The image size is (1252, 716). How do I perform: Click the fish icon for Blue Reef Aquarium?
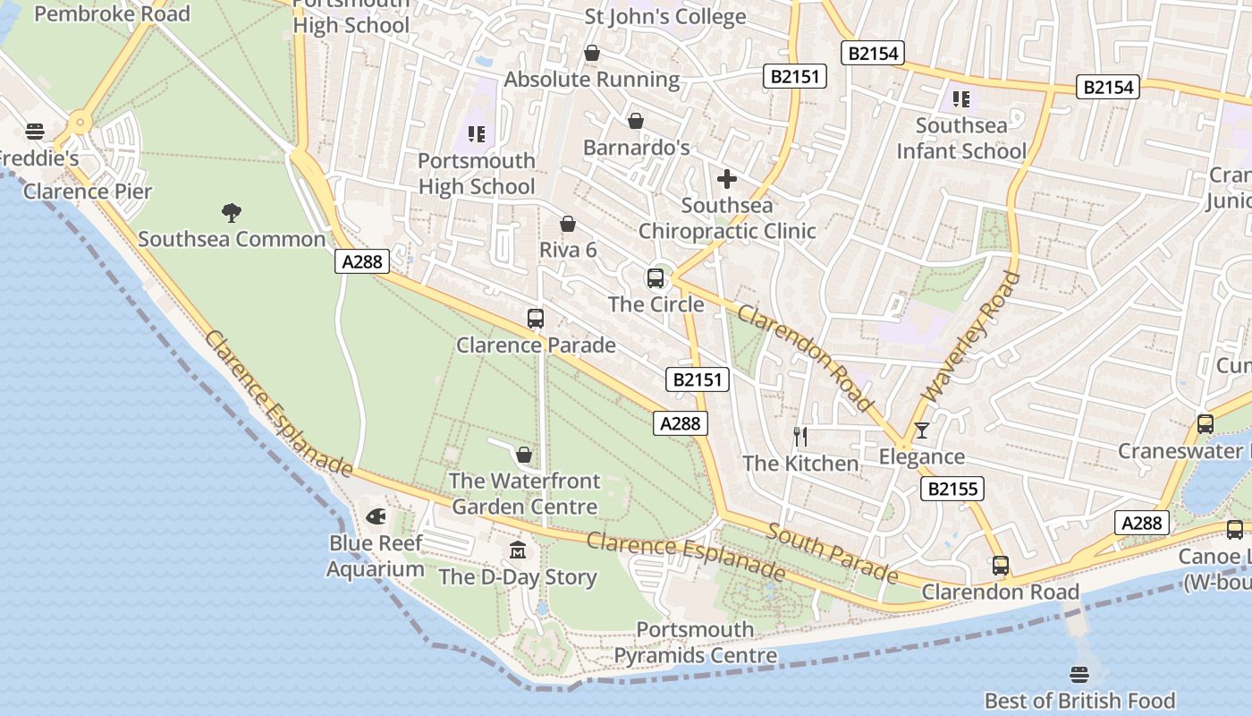click(376, 516)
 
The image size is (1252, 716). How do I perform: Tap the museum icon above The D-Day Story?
click(518, 549)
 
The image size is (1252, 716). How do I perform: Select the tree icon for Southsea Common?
click(232, 212)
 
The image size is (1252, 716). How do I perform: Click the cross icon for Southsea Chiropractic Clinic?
click(727, 179)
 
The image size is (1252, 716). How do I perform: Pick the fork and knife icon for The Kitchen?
click(800, 437)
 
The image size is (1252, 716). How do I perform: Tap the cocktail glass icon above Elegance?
click(922, 430)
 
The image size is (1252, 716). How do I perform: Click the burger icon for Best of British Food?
click(1079, 674)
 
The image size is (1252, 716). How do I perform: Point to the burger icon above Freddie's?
click(35, 132)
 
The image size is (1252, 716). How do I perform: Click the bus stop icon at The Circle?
click(656, 278)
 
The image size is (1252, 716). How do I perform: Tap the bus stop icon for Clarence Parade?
click(536, 319)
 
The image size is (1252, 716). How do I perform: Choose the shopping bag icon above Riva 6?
click(567, 224)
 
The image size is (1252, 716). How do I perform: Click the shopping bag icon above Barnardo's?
click(636, 121)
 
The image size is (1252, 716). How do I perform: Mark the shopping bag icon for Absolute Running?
click(591, 54)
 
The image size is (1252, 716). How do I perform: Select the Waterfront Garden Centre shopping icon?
click(524, 455)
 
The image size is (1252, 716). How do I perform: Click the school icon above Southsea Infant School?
click(961, 98)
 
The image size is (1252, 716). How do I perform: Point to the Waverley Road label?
click(970, 337)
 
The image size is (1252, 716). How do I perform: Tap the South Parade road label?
click(833, 553)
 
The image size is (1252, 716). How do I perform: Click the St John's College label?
click(664, 17)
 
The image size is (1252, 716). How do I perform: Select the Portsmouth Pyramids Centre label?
click(695, 643)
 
